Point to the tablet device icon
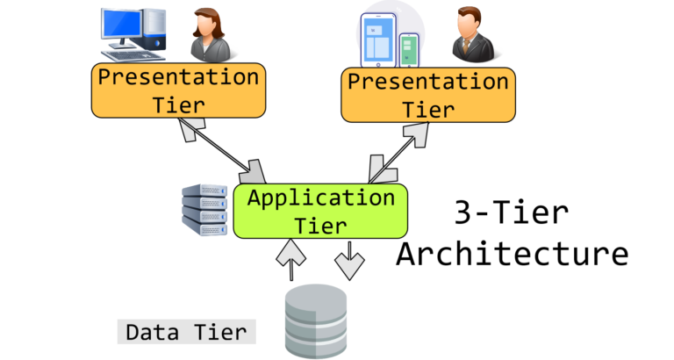[378, 40]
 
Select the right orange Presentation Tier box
[428, 95]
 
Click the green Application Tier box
[320, 211]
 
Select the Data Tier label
[186, 332]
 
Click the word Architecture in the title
[512, 254]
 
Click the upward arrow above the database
[290, 256]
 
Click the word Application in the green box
[320, 197]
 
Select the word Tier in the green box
[320, 225]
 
